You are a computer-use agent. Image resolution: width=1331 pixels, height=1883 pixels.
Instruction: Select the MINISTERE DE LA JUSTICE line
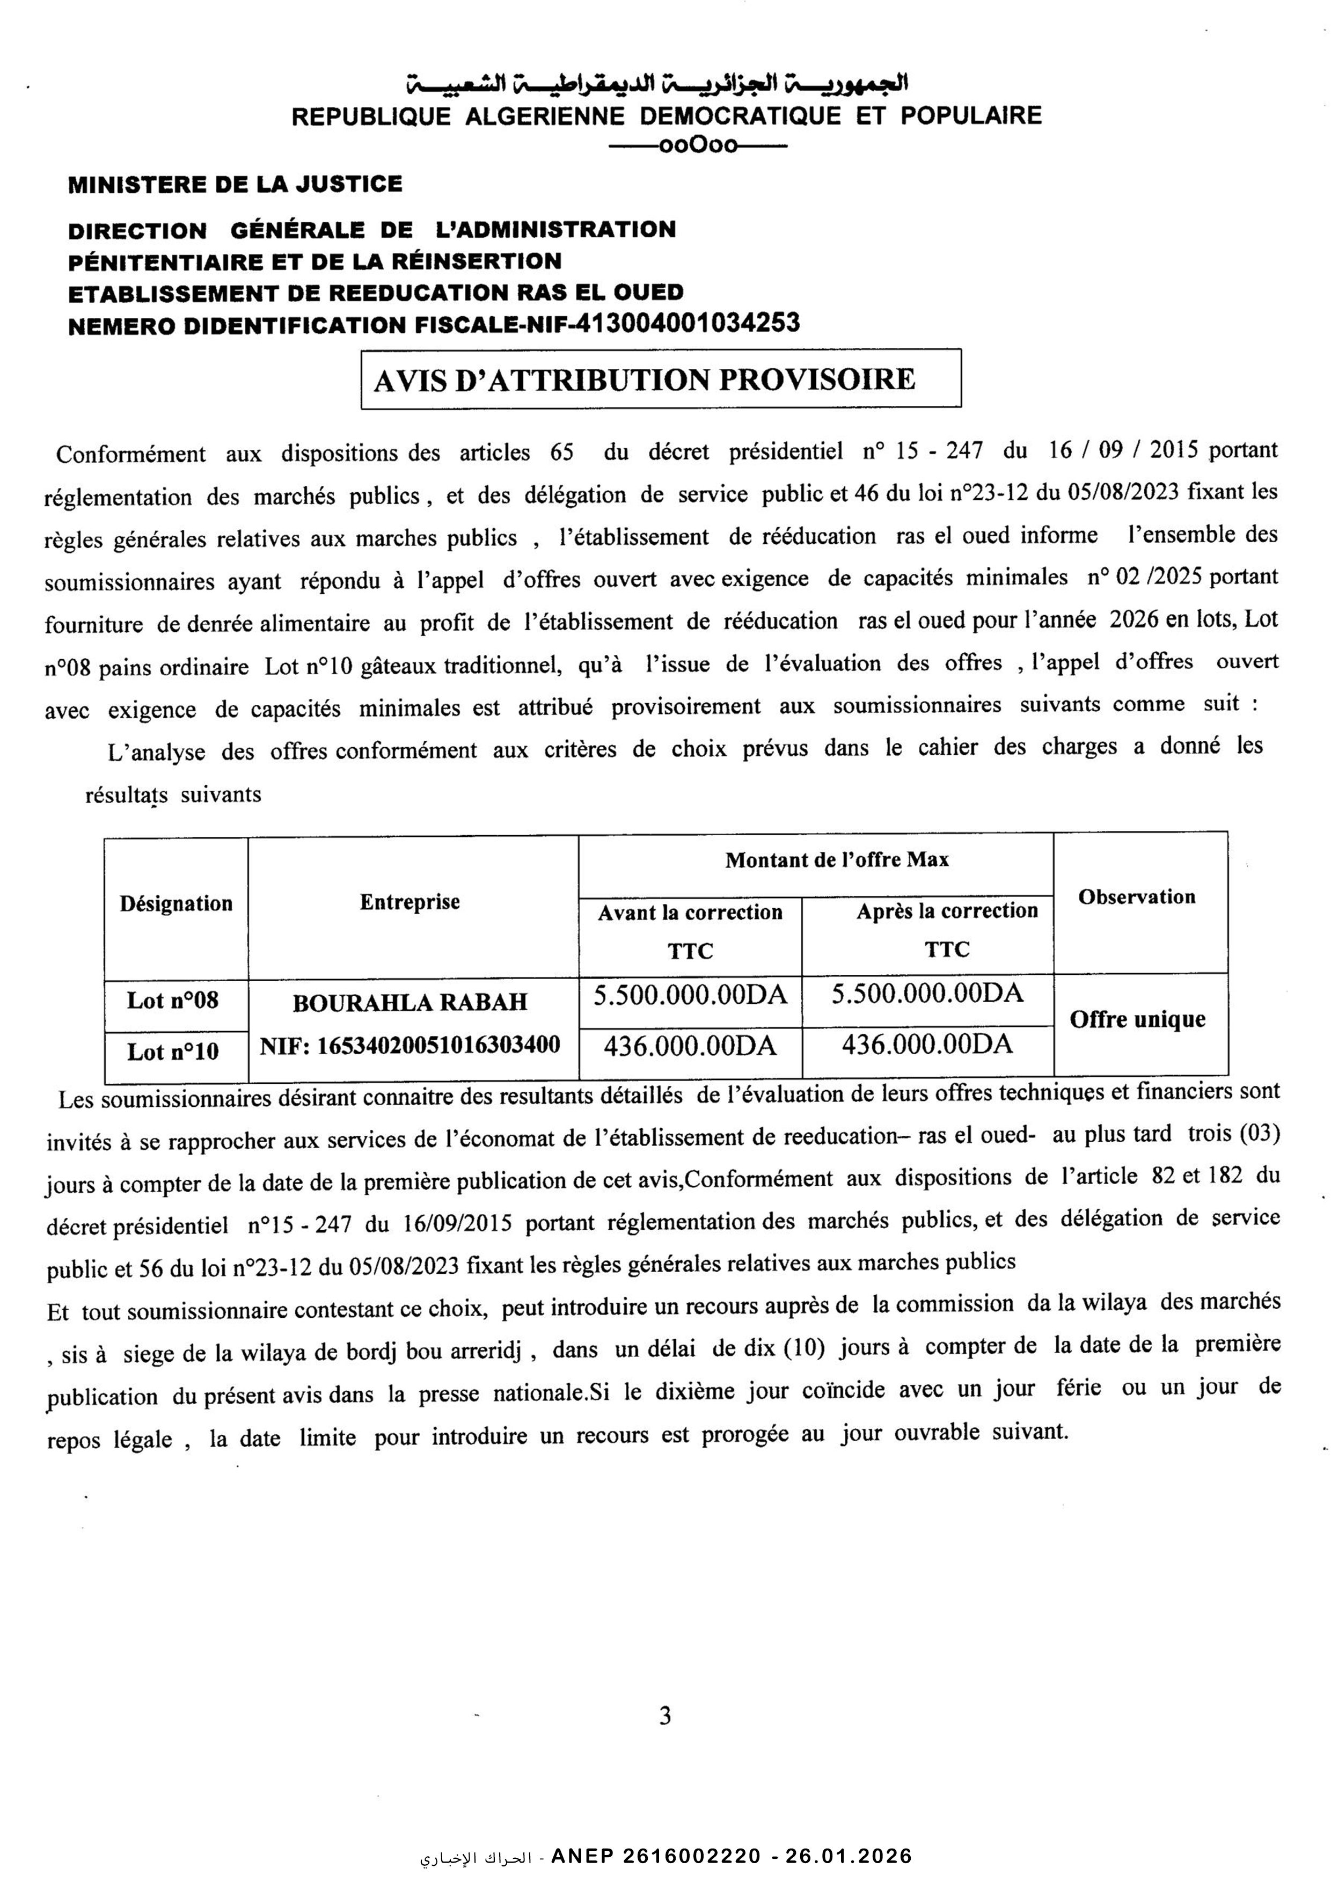(x=235, y=184)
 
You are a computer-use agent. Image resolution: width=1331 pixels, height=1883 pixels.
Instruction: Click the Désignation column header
(x=177, y=904)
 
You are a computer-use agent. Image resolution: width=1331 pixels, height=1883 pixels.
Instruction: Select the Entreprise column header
(x=410, y=902)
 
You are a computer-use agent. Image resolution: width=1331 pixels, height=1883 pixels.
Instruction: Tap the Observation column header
(x=1137, y=897)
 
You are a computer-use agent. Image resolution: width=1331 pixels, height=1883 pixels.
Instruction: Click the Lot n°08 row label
(x=173, y=1001)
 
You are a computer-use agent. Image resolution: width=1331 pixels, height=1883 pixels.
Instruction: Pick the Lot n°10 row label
(x=173, y=1052)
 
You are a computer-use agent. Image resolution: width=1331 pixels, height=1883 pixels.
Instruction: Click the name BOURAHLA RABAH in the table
(x=410, y=1002)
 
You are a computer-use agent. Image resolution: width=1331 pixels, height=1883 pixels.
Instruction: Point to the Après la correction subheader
(x=947, y=911)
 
